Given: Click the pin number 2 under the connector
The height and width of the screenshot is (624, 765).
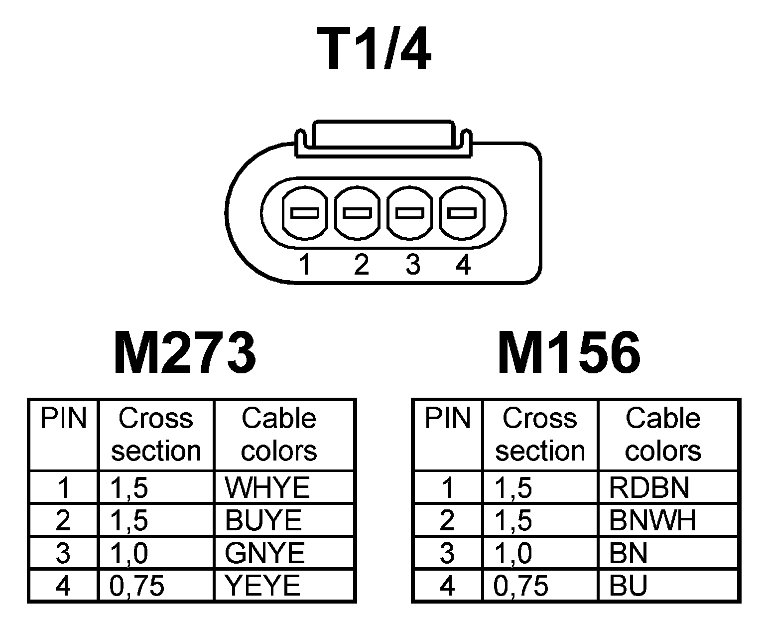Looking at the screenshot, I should [361, 265].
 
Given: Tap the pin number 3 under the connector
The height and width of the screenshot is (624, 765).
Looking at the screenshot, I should [413, 265].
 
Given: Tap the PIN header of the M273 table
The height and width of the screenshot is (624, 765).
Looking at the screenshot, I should [63, 419].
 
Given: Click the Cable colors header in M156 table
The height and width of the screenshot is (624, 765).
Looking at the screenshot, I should [663, 434].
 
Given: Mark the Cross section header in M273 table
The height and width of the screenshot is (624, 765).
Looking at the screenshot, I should [156, 434].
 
